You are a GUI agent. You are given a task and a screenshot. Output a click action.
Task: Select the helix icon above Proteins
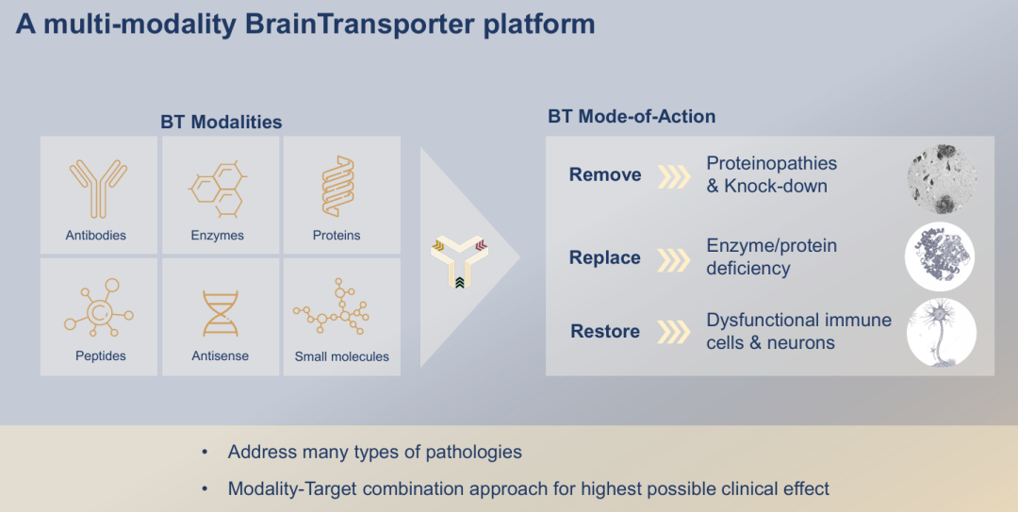[337, 187]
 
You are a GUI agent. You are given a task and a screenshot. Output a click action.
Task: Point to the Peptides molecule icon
[100, 309]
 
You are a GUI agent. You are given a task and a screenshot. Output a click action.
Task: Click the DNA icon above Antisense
[221, 314]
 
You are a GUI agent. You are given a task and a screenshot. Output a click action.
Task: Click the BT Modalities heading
[221, 122]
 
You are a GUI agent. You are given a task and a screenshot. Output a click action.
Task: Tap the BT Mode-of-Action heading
[632, 117]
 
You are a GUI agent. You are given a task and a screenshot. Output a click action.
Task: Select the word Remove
[605, 174]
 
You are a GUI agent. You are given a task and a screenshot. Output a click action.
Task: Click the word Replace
[605, 257]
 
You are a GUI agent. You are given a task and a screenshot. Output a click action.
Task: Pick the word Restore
[605, 331]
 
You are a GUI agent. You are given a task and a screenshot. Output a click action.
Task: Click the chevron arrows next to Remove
[674, 175]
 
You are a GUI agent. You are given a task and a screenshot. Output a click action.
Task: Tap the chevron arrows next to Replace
[674, 257]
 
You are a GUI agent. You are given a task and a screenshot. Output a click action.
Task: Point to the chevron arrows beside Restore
[674, 332]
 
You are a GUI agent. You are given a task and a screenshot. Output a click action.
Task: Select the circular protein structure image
[940, 256]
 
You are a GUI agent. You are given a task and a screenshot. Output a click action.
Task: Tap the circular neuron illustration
[941, 332]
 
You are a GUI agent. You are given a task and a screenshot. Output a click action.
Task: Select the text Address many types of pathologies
[374, 452]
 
